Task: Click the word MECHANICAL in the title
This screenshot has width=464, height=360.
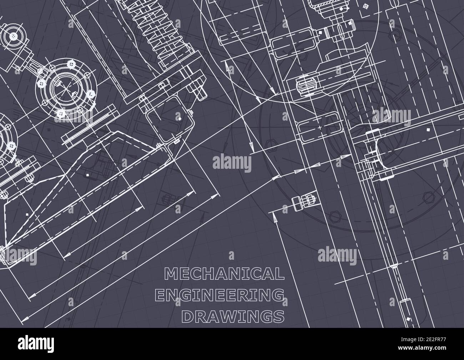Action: click(224, 274)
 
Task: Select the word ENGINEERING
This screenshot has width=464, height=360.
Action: click(220, 295)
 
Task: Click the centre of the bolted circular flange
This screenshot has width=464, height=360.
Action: click(66, 87)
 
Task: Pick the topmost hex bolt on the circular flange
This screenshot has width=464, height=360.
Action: click(70, 65)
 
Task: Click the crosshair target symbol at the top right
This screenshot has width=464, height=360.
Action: click(365, 6)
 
